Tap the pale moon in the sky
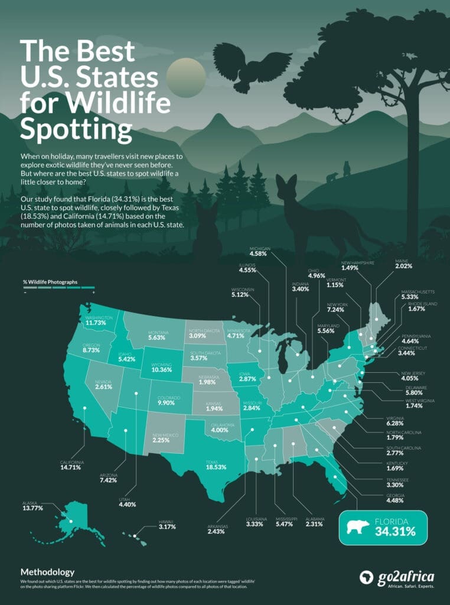186,75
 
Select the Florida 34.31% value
395,532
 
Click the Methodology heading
47,572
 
